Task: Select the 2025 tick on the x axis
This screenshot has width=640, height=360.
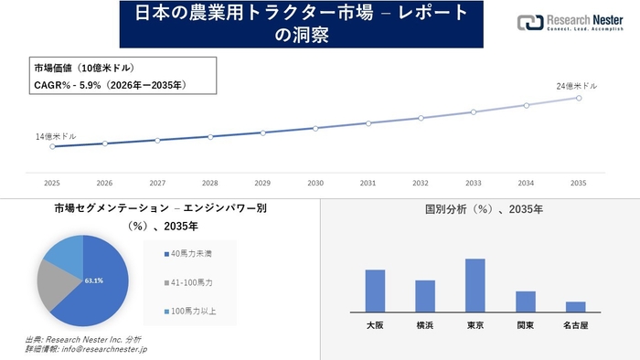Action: [x=52, y=183]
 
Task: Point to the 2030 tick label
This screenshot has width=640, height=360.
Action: [x=315, y=183]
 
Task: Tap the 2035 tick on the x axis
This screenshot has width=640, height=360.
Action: [x=578, y=183]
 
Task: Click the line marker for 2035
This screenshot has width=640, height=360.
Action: [x=578, y=98]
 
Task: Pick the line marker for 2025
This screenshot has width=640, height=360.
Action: [x=52, y=146]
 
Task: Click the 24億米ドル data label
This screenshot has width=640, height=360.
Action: [x=577, y=86]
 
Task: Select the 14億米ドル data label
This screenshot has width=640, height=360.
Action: [x=56, y=136]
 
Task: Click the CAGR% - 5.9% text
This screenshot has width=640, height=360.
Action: [x=111, y=85]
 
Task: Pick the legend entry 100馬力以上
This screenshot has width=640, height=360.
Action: [x=189, y=312]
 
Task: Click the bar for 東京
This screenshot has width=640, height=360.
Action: [x=475, y=285]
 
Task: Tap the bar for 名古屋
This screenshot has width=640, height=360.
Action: [x=575, y=306]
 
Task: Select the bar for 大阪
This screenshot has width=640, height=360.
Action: [x=375, y=291]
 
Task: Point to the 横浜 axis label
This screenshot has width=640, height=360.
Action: [x=425, y=324]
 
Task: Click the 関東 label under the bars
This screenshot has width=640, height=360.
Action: [x=525, y=324]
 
